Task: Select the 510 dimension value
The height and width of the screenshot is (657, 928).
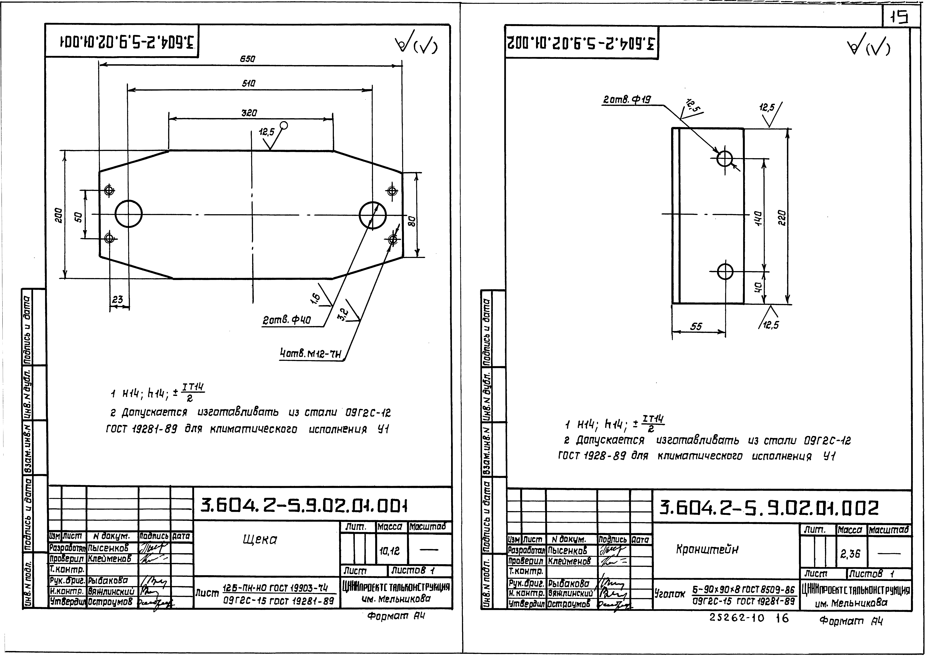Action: [x=249, y=84]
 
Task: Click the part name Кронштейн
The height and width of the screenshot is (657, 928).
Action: [x=707, y=549]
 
